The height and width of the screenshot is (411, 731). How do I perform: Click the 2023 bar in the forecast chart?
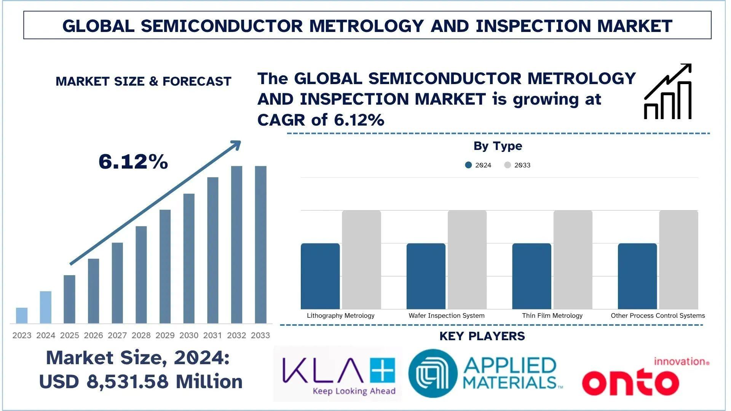pos(22,315)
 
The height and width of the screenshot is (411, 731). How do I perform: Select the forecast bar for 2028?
pos(141,275)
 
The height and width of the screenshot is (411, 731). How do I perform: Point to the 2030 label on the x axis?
pos(189,335)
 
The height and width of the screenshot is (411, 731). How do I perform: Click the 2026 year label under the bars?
pos(93,335)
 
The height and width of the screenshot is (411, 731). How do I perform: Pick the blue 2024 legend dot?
pos(468,165)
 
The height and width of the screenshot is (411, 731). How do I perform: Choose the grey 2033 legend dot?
pos(508,165)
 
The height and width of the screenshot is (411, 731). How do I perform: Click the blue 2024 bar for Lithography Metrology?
pos(320,276)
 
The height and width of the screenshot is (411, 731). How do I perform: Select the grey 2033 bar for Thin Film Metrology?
pos(573,260)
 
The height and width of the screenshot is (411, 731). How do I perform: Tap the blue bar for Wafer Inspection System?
pos(426,276)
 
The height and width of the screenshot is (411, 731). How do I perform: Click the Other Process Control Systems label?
pos(658,315)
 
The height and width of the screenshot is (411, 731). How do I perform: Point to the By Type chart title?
pos(498,146)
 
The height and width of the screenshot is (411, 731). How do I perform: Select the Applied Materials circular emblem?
pos(433,373)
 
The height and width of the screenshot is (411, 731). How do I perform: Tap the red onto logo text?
pos(630,381)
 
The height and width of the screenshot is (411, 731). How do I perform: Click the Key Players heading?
pos(482,336)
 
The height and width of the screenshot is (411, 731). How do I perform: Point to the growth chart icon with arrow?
pos(667,92)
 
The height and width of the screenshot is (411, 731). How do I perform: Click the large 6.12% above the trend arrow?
pos(133,162)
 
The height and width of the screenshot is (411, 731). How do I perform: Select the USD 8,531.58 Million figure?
pos(140,381)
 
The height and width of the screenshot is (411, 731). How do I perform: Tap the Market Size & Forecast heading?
pos(144,81)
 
